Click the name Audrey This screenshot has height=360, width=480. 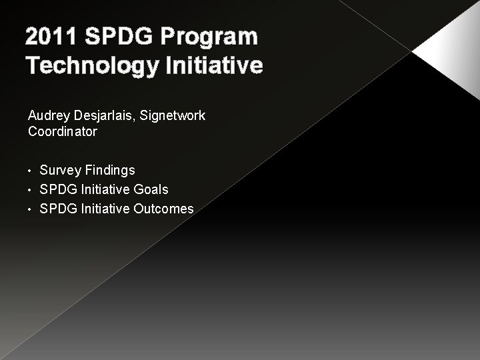click(x=47, y=116)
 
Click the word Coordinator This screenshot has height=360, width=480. click(x=63, y=131)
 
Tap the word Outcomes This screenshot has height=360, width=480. click(x=163, y=209)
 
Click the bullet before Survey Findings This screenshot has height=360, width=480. click(x=31, y=171)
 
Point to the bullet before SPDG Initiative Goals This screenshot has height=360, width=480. click(x=31, y=190)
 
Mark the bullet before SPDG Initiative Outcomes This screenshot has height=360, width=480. click(x=31, y=209)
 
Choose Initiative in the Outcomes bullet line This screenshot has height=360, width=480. click(x=104, y=209)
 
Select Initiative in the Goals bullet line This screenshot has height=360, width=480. click(x=104, y=190)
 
